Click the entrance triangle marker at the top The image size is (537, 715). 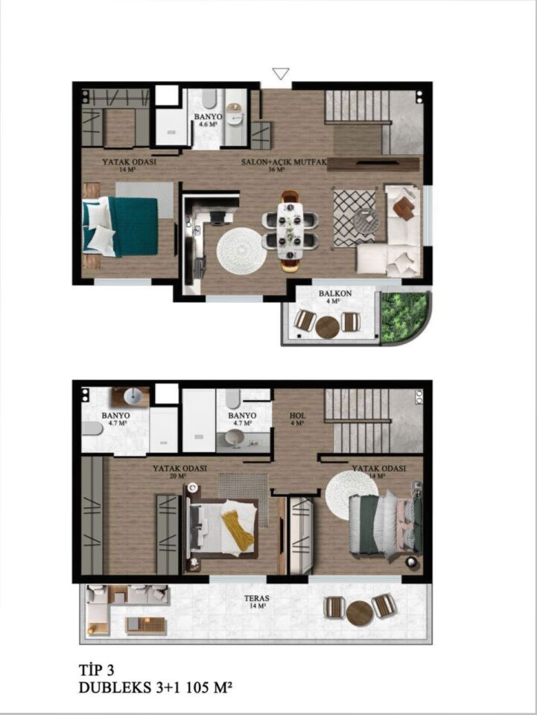tap(281, 73)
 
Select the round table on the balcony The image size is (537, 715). tap(327, 326)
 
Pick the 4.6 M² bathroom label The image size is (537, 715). tap(207, 120)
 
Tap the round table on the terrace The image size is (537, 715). tap(360, 613)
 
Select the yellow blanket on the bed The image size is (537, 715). tap(236, 528)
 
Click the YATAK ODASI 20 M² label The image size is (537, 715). tap(179, 472)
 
